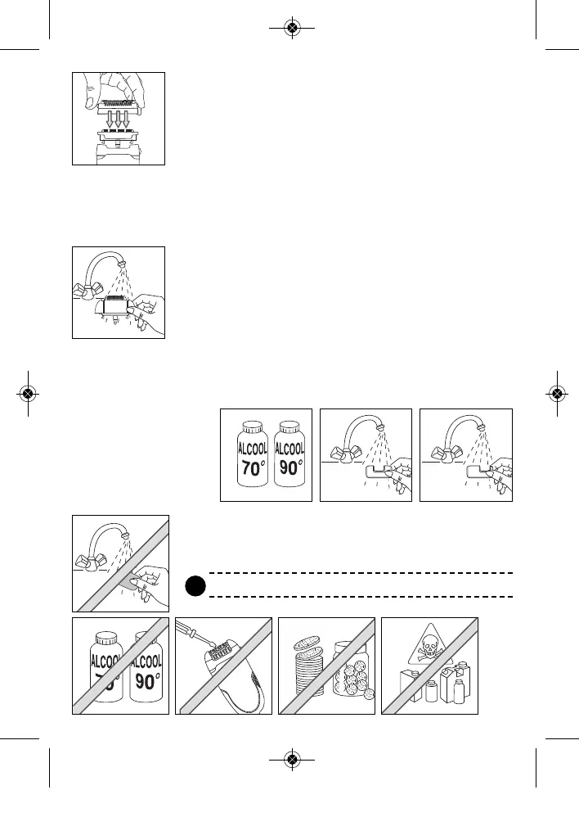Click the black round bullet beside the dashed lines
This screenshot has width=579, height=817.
point(194,586)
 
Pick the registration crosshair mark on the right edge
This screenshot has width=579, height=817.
point(556,393)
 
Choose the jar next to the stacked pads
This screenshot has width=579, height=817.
point(352,671)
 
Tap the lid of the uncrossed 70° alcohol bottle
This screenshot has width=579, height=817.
point(251,427)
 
